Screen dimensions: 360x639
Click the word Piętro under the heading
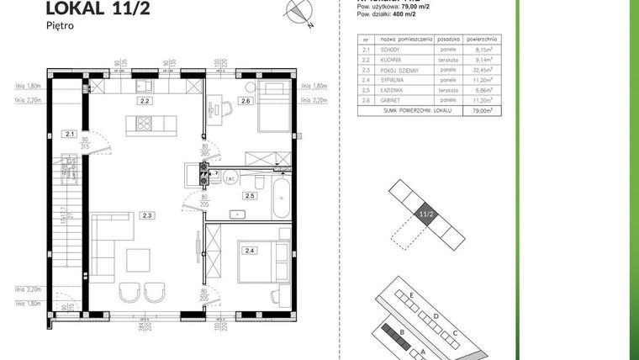61,26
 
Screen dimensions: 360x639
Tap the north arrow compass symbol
299,13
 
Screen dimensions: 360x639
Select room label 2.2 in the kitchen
145,101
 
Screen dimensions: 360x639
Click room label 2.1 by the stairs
69,133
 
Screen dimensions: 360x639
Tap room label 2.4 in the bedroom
249,250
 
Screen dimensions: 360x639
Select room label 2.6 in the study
245,102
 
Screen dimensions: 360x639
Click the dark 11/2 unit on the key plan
425,215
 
